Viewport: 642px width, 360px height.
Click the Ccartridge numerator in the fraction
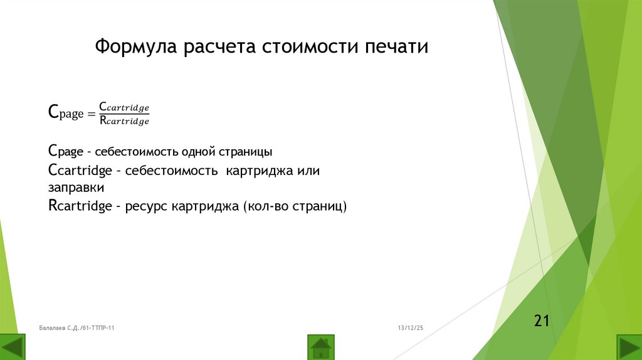124,107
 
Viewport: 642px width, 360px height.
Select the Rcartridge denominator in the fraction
124,121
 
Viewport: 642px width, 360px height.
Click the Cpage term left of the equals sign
66,114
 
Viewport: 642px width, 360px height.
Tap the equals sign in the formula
90,114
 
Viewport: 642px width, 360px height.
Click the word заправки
76,188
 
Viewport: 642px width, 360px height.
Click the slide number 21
542,321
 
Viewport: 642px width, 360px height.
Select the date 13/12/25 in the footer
411,328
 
